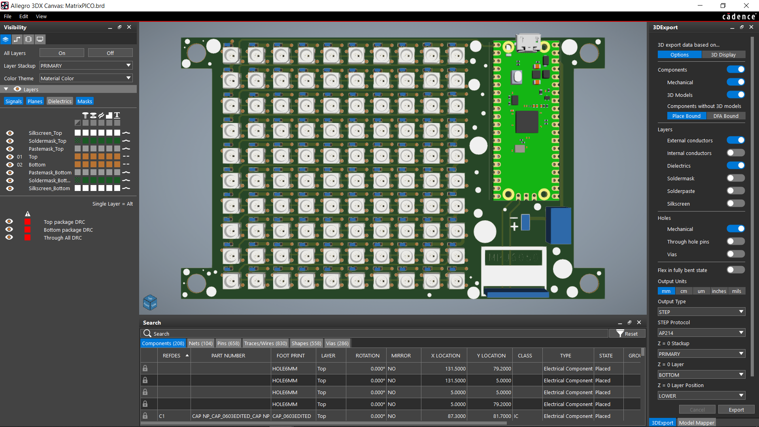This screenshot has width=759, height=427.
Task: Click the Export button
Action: coord(736,410)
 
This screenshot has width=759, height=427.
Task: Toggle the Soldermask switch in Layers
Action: coord(735,178)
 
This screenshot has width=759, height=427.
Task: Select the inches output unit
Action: coord(719,291)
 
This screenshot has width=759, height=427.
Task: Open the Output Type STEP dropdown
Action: coord(701,312)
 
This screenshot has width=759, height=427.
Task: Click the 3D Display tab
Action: coord(723,55)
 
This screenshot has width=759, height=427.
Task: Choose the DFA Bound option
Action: coord(725,116)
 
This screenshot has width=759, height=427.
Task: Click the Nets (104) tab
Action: coord(200,343)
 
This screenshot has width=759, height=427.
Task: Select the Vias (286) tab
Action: coord(337,343)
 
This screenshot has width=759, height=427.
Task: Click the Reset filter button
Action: coord(627,334)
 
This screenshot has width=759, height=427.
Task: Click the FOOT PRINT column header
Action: coord(291,355)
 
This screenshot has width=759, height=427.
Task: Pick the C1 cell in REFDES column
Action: coord(162,416)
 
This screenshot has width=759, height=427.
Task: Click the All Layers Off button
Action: coord(110,53)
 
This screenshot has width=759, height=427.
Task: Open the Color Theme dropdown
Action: coord(86,78)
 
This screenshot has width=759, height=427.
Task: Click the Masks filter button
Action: coord(85,101)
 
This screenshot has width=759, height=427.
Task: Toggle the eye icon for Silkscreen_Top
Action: coord(10,133)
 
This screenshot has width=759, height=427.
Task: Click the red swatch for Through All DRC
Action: coord(27,238)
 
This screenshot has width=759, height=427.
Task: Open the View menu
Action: coord(41,16)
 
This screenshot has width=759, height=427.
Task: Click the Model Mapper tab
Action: coord(696,423)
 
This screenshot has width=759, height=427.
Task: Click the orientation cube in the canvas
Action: coord(150,302)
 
